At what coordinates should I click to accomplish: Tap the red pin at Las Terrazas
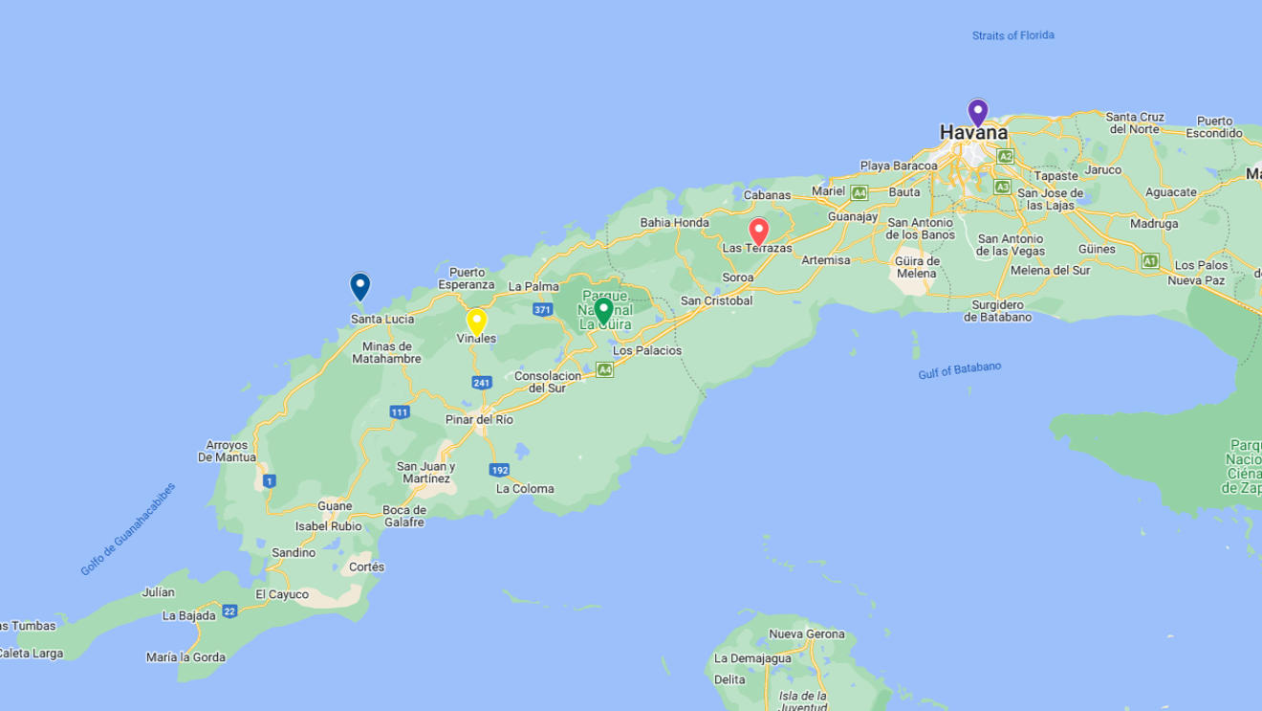(x=758, y=231)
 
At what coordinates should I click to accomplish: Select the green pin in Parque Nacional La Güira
(x=603, y=310)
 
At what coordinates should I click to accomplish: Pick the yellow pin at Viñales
(x=476, y=322)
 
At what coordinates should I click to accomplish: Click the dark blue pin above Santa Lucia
(x=359, y=286)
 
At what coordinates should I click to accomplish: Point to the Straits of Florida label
(x=1012, y=35)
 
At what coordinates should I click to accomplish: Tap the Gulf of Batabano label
(x=959, y=370)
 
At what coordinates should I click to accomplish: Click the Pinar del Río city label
(x=479, y=419)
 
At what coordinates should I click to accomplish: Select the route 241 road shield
(x=481, y=383)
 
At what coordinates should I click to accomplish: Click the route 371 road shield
(x=542, y=310)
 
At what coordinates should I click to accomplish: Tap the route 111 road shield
(x=400, y=412)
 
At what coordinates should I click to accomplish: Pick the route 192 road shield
(x=499, y=470)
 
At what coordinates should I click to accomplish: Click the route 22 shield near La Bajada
(x=229, y=611)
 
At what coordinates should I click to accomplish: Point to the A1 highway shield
(x=1149, y=260)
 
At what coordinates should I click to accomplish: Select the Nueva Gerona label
(x=807, y=633)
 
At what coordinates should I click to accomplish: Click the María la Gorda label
(x=185, y=657)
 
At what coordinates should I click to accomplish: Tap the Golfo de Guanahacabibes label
(x=128, y=529)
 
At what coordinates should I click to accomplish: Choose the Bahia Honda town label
(x=675, y=223)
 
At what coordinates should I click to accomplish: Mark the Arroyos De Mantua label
(x=228, y=451)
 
